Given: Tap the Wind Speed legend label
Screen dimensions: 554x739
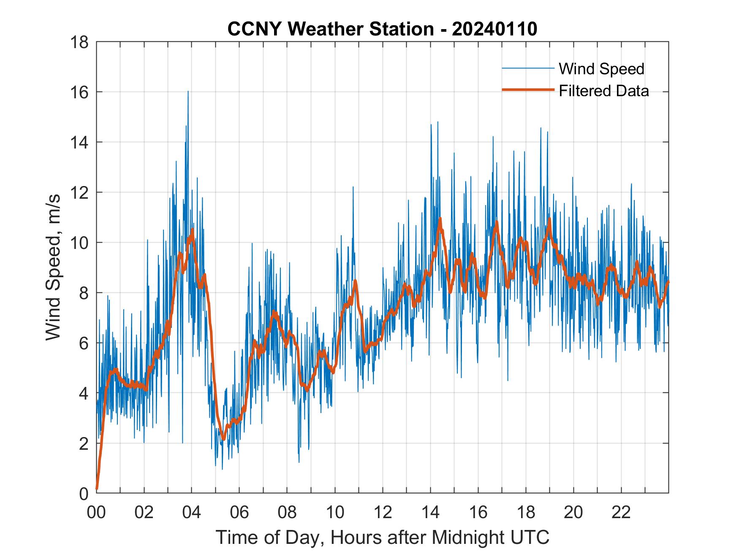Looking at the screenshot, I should coord(601,69).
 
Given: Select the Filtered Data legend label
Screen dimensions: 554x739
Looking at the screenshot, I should coord(603,91).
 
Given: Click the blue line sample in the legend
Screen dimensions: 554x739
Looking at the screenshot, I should coord(527,68).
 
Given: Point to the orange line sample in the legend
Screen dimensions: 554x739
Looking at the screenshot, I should coord(527,90).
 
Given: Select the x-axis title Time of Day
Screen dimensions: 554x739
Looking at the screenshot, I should coord(382,538).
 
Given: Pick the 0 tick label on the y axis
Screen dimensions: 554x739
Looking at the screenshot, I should coord(83,493).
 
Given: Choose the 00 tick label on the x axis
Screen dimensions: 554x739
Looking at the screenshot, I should coord(96,512).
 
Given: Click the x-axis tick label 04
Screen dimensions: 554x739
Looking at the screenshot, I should coord(192,512).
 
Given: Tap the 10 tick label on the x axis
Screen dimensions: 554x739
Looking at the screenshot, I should coord(335,512).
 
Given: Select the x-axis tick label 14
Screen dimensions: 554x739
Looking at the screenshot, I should coord(430,512).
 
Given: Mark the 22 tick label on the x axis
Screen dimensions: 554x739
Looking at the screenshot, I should coord(621,512).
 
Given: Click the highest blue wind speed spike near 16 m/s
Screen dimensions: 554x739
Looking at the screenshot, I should coord(188,92).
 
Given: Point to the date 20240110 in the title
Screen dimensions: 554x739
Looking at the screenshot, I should coord(494,29).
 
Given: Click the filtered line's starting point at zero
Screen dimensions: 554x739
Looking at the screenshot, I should coord(97,488).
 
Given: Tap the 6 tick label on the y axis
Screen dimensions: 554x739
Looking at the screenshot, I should coord(83,343).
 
